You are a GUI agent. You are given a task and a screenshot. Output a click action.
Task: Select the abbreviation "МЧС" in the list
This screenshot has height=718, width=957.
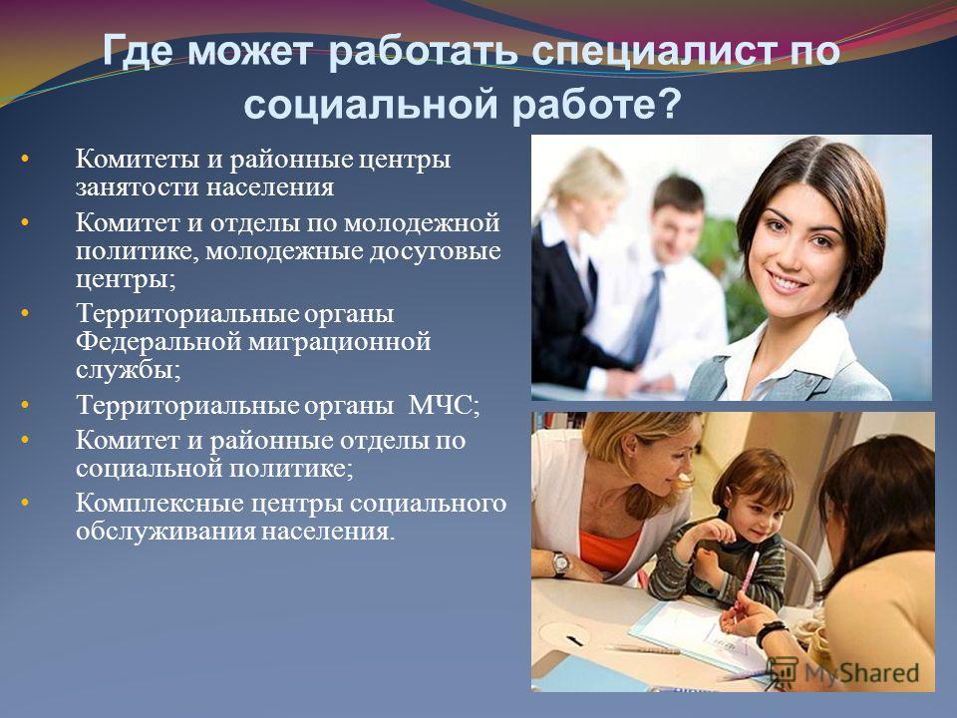pyautogui.click(x=440, y=405)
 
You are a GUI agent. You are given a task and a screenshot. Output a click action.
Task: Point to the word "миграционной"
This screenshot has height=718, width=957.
pyautogui.click(x=339, y=343)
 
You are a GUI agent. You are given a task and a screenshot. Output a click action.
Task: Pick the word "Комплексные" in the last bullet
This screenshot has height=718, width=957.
pyautogui.click(x=159, y=503)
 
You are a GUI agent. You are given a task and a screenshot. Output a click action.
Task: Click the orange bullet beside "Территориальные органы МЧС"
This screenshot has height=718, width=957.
pyautogui.click(x=24, y=405)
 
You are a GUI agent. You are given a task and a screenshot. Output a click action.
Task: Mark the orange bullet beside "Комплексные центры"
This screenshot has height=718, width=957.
pyautogui.click(x=24, y=503)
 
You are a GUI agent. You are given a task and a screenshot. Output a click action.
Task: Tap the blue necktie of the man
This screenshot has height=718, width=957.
pyautogui.click(x=648, y=316)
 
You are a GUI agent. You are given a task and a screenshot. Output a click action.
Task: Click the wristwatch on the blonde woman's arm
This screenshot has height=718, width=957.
pyautogui.click(x=560, y=564)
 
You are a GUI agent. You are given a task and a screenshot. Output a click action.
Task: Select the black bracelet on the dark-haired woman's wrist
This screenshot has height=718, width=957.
pyautogui.click(x=771, y=632)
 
